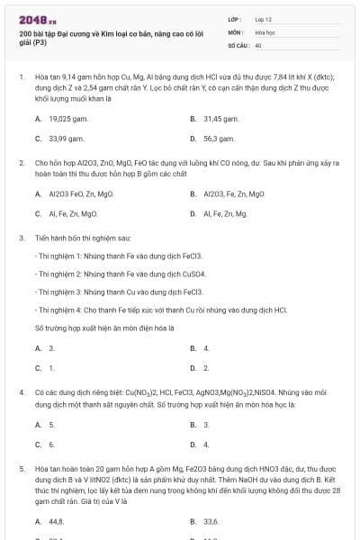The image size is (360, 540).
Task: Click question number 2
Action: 21,163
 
